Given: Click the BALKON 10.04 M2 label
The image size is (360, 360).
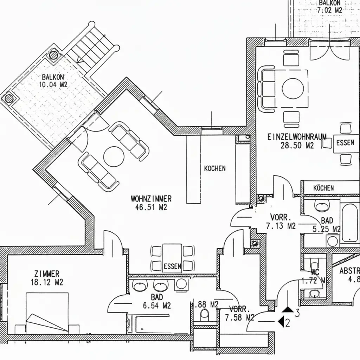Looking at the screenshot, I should pyautogui.click(x=54, y=81).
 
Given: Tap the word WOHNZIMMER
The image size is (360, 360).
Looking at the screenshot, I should pyautogui.click(x=151, y=199).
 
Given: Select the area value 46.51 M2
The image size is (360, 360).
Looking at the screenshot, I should pyautogui.click(x=151, y=207).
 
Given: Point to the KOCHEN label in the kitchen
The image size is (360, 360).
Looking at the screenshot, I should pyautogui.click(x=215, y=169).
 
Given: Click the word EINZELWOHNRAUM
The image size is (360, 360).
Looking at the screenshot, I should pyautogui.click(x=297, y=137).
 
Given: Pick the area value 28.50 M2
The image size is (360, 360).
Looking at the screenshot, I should pyautogui.click(x=297, y=146).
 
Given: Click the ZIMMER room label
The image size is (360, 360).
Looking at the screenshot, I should pyautogui.click(x=47, y=274).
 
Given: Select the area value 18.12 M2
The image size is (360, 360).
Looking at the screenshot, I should pyautogui.click(x=47, y=282).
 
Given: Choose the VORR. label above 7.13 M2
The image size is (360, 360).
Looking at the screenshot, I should pyautogui.click(x=280, y=217).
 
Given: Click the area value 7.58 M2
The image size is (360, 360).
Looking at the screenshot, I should pyautogui.click(x=239, y=318).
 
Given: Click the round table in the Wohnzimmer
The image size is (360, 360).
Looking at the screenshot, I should pyautogui.click(x=114, y=156).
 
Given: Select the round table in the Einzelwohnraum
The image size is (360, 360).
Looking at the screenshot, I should pyautogui.click(x=293, y=88).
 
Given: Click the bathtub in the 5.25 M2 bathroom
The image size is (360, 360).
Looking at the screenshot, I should pyautogui.click(x=349, y=222).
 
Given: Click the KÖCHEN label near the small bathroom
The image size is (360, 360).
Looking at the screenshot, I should pyautogui.click(x=323, y=188).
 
